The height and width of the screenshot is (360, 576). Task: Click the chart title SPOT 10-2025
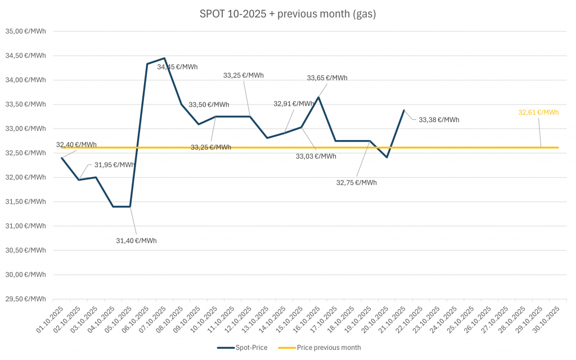click(287, 14)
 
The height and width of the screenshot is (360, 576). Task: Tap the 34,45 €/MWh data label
click(177, 67)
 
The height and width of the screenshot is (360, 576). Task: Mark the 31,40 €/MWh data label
click(136, 241)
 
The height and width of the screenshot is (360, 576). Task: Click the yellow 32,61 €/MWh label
click(538, 112)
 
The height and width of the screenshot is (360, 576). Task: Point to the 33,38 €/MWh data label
click(439, 120)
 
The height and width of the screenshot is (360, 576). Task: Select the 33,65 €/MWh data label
click(327, 78)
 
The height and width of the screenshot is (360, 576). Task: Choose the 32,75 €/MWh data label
click(356, 183)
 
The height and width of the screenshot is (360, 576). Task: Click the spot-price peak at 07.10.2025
click(164, 58)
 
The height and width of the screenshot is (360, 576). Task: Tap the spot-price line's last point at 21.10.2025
click(404, 110)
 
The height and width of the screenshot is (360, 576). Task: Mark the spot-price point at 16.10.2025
click(318, 97)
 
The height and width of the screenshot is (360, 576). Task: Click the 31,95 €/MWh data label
click(114, 165)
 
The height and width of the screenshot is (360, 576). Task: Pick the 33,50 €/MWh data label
click(209, 105)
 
